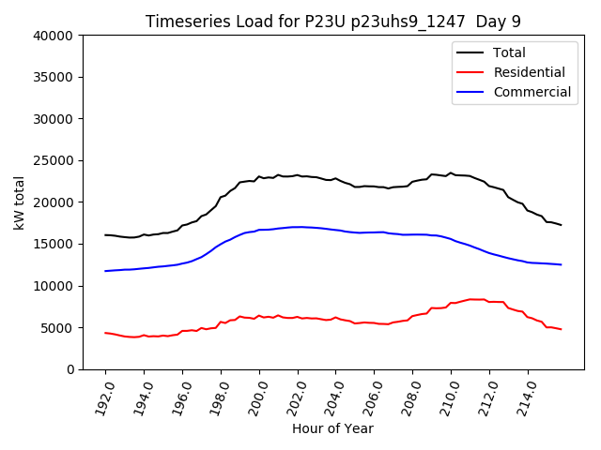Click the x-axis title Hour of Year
[x=332, y=428]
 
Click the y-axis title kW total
[x=20, y=202]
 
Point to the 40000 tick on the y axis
[x=54, y=36]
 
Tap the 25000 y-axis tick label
[x=54, y=160]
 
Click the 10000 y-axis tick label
[x=54, y=286]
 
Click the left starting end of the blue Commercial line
[x=105, y=271]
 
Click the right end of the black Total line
[x=561, y=225]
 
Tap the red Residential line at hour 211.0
[x=470, y=300]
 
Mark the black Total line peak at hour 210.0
[x=451, y=173]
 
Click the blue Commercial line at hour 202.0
[x=298, y=227]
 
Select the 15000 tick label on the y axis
[x=54, y=244]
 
